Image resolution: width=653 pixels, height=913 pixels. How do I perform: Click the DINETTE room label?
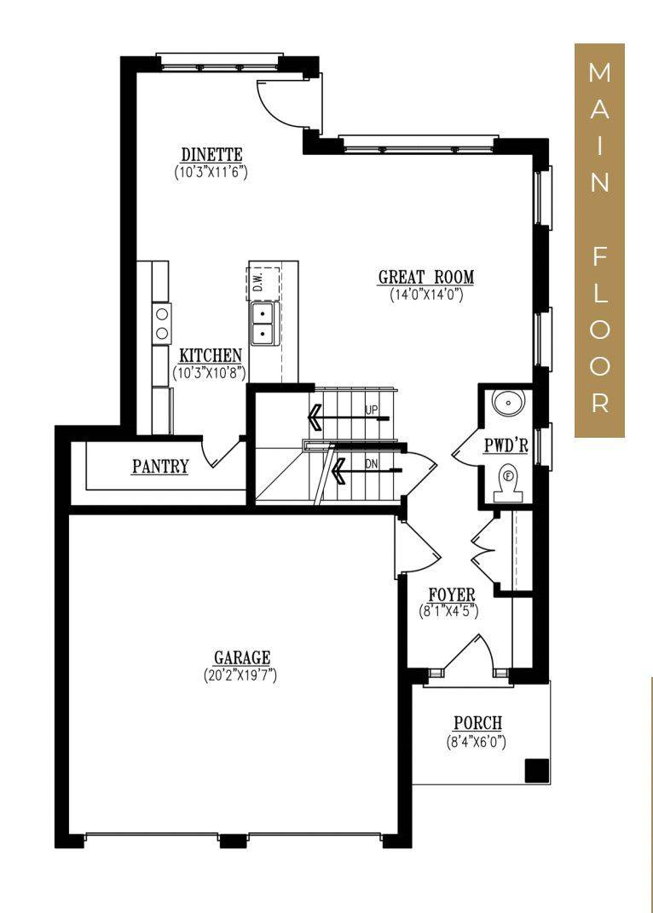pyautogui.click(x=211, y=154)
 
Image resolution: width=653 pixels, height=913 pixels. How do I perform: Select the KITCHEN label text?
pyautogui.click(x=210, y=355)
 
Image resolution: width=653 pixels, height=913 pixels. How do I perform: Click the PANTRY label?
pyautogui.click(x=160, y=467)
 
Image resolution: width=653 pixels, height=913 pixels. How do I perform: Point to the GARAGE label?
pyautogui.click(x=241, y=657)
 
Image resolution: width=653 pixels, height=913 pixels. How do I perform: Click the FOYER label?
pyautogui.click(x=451, y=594)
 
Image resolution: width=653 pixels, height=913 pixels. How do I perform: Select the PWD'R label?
pyautogui.click(x=506, y=445)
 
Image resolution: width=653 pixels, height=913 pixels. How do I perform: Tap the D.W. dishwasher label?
pyautogui.click(x=257, y=280)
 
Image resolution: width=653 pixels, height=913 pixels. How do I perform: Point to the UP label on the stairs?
pyautogui.click(x=371, y=410)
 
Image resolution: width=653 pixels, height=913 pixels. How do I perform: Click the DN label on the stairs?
pyautogui.click(x=371, y=465)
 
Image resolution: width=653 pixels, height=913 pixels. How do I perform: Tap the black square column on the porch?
pyautogui.click(x=535, y=770)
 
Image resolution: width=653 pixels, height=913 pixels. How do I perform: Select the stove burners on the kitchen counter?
pyautogui.click(x=160, y=324)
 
